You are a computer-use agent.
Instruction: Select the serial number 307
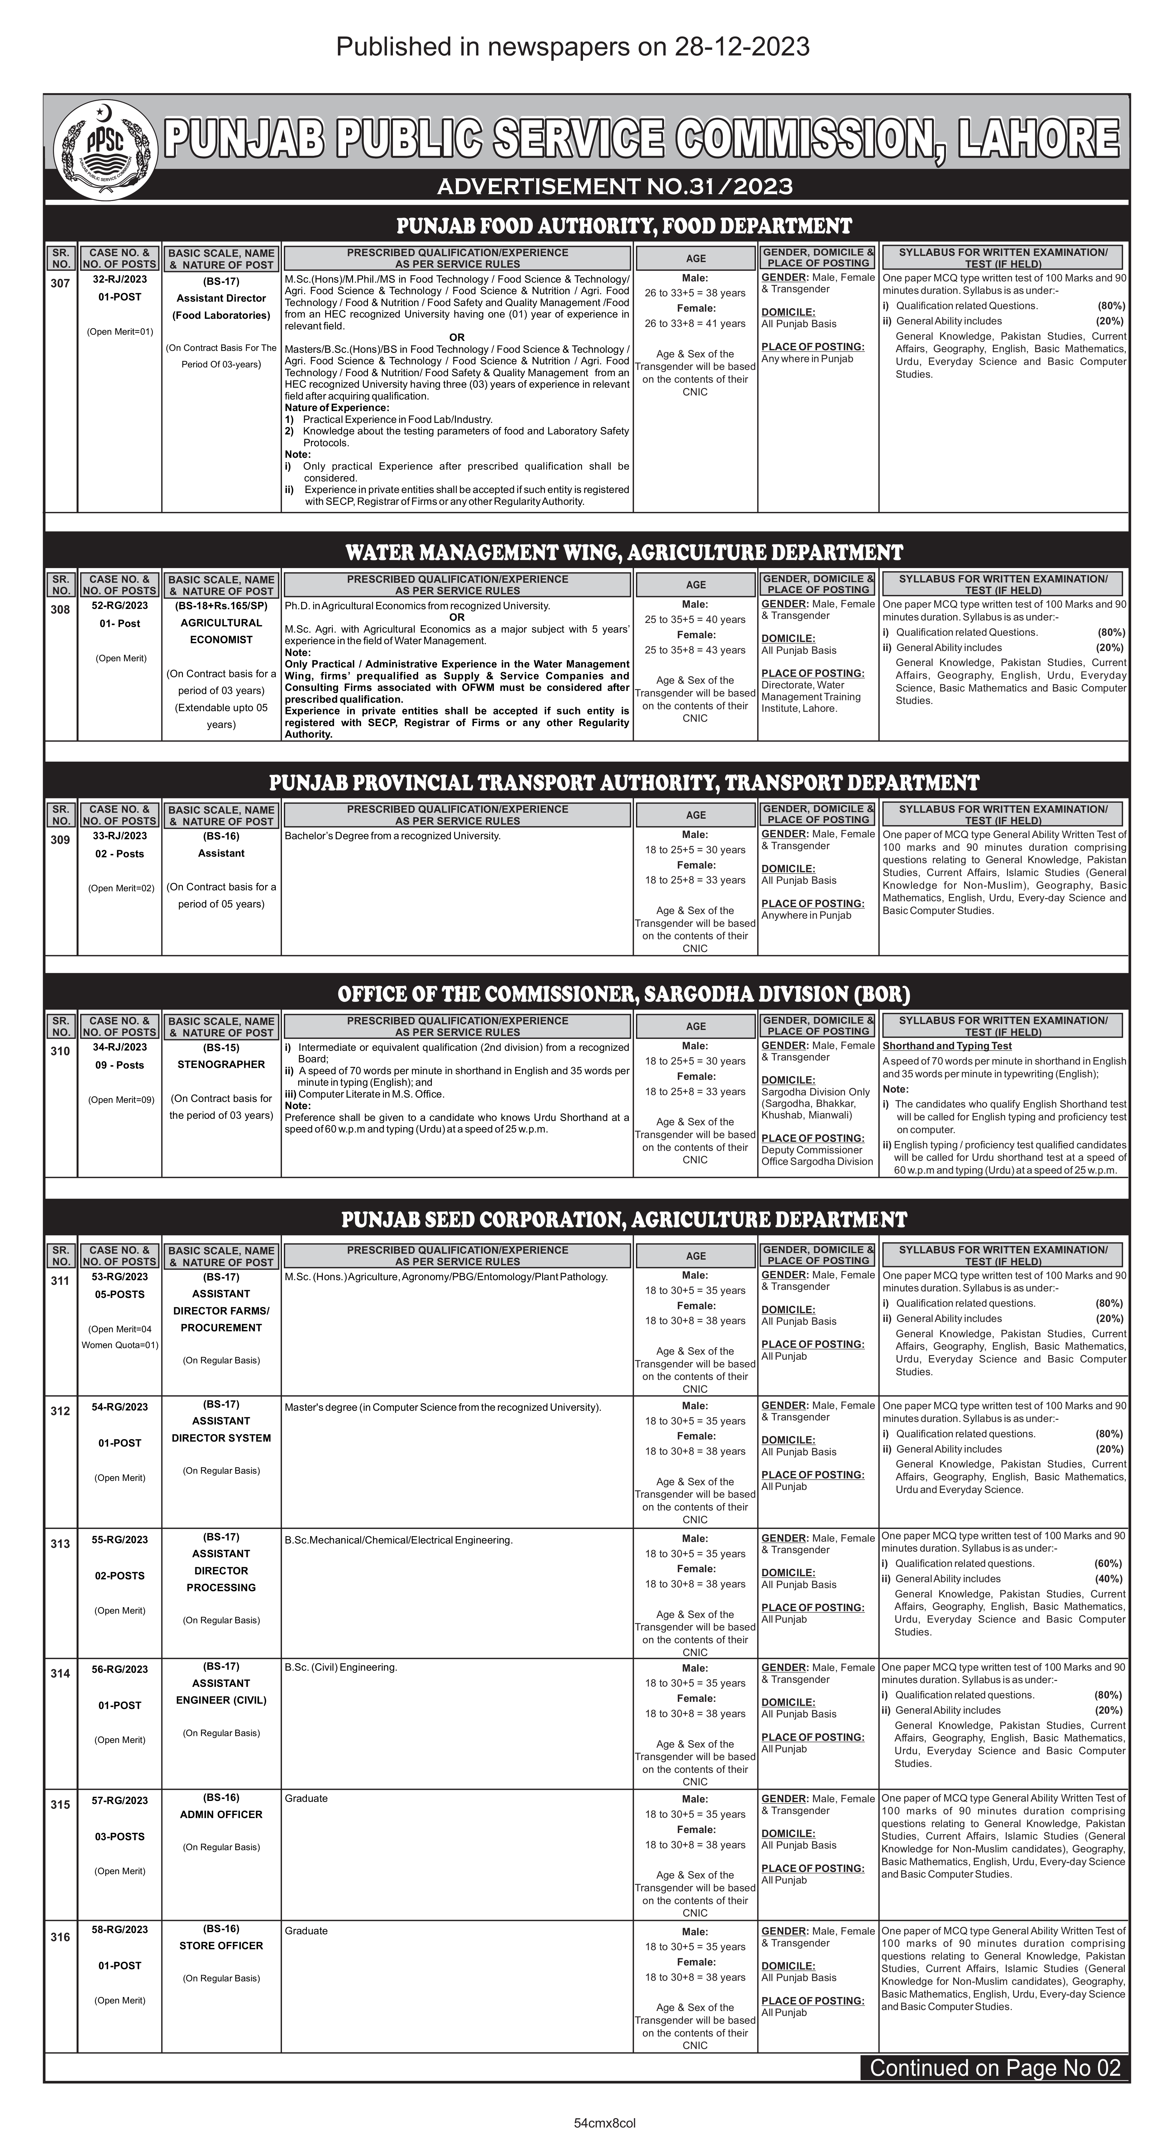60,284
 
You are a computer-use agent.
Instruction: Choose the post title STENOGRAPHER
221,1064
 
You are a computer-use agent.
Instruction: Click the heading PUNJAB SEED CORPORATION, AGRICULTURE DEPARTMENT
624,1219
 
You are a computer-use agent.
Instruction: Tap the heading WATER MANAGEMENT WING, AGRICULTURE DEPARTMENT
624,552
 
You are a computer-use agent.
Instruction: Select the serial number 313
60,1543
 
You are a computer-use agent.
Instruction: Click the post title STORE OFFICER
221,1945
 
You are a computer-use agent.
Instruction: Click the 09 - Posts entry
120,1065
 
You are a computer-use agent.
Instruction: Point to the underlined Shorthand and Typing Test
947,1046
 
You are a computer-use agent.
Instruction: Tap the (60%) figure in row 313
1109,1563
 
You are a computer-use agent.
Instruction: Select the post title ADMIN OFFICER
221,1814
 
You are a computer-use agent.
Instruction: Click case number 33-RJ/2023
120,835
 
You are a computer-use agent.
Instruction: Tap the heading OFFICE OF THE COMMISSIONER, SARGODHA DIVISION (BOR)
624,994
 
